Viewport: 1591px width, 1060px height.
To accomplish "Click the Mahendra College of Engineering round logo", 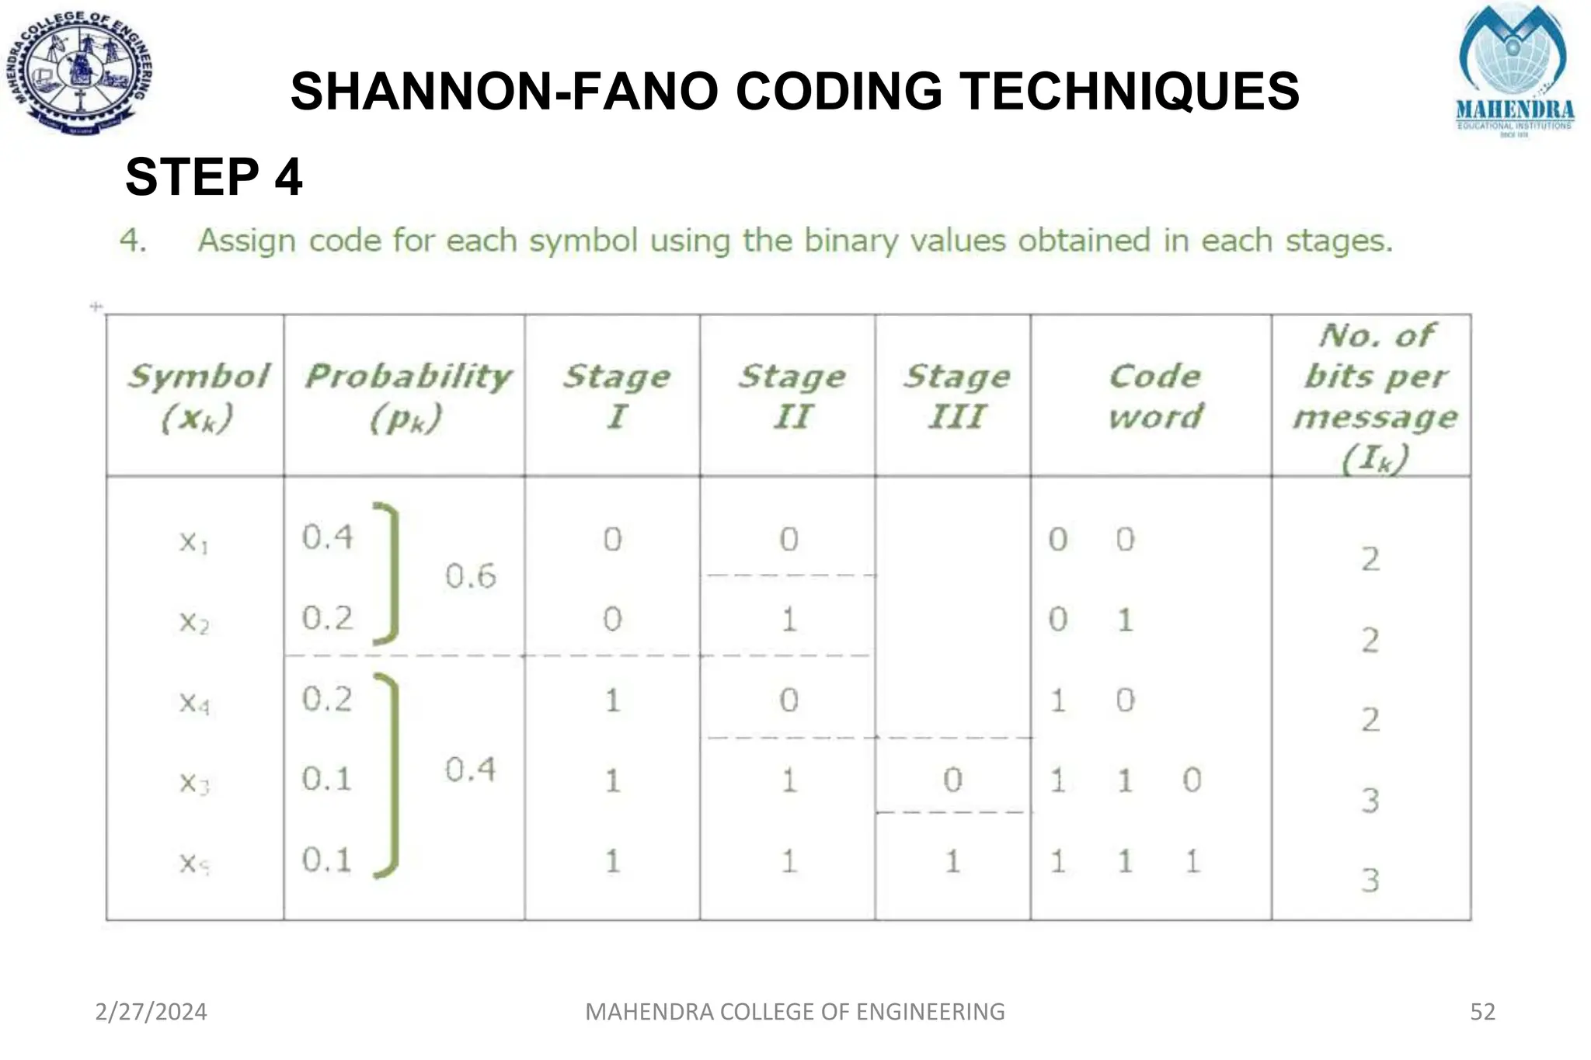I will click(x=81, y=75).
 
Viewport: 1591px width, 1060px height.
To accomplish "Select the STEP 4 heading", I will click(x=214, y=177).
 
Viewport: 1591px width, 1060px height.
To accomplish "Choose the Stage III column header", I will click(x=956, y=396).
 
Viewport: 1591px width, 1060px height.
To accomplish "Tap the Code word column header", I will click(x=1155, y=396).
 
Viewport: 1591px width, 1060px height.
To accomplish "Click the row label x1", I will click(x=193, y=541).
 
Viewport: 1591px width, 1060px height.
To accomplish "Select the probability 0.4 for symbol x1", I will click(x=327, y=537).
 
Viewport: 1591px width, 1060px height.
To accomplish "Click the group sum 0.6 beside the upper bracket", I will click(x=470, y=576).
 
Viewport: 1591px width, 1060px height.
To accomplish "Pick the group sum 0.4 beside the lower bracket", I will click(x=470, y=770).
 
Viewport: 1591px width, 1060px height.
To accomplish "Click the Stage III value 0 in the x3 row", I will click(x=952, y=780).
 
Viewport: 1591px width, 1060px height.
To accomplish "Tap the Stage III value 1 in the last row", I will click(x=952, y=861).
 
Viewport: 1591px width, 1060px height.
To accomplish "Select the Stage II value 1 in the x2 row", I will click(x=789, y=620).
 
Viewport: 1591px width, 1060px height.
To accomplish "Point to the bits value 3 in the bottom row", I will click(x=1370, y=881).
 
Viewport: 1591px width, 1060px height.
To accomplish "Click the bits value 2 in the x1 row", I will click(x=1370, y=559).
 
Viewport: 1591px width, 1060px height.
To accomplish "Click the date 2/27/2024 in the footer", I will click(x=151, y=1012).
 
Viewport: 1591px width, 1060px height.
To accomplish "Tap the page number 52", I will click(x=1482, y=1012).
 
